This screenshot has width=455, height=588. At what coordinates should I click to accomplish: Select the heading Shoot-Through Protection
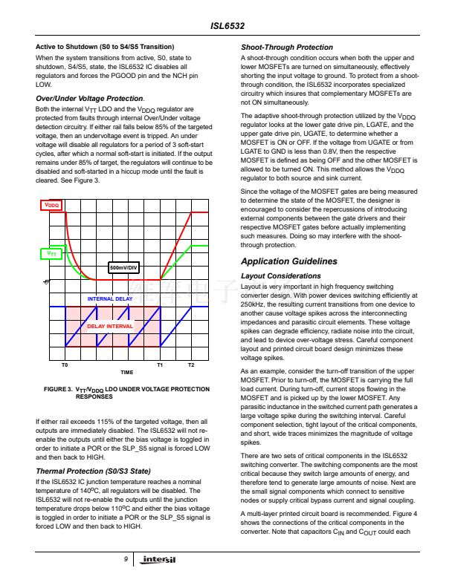[287, 48]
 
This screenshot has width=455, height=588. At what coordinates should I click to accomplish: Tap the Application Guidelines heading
[289, 261]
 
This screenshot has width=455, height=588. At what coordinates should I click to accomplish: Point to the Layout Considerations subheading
[280, 275]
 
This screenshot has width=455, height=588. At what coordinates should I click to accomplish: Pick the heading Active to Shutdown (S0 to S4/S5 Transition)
[105, 47]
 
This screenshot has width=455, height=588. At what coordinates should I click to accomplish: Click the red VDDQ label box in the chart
[51, 204]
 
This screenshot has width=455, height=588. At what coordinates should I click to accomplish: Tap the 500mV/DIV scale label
[124, 267]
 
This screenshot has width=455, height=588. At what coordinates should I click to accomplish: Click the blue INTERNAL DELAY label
[111, 298]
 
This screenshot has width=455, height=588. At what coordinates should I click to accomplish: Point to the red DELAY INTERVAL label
[110, 326]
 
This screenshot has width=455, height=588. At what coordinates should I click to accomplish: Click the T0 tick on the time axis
[65, 365]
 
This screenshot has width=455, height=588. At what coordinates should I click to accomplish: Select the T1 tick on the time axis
[160, 365]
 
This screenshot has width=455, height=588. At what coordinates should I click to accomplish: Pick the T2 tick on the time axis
[191, 365]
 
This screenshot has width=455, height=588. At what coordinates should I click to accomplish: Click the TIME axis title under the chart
[126, 373]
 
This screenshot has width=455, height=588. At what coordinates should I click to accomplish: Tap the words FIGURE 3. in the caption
[59, 389]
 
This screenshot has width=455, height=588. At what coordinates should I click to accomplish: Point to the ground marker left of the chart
[45, 281]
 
